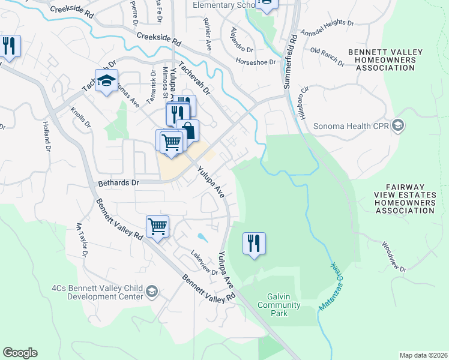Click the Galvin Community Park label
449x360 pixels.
279,305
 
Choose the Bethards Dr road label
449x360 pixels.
118,182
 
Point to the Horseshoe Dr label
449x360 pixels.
255,62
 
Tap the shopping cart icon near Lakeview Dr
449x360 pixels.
157,226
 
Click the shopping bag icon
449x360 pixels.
188,130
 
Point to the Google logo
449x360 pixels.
20,353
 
